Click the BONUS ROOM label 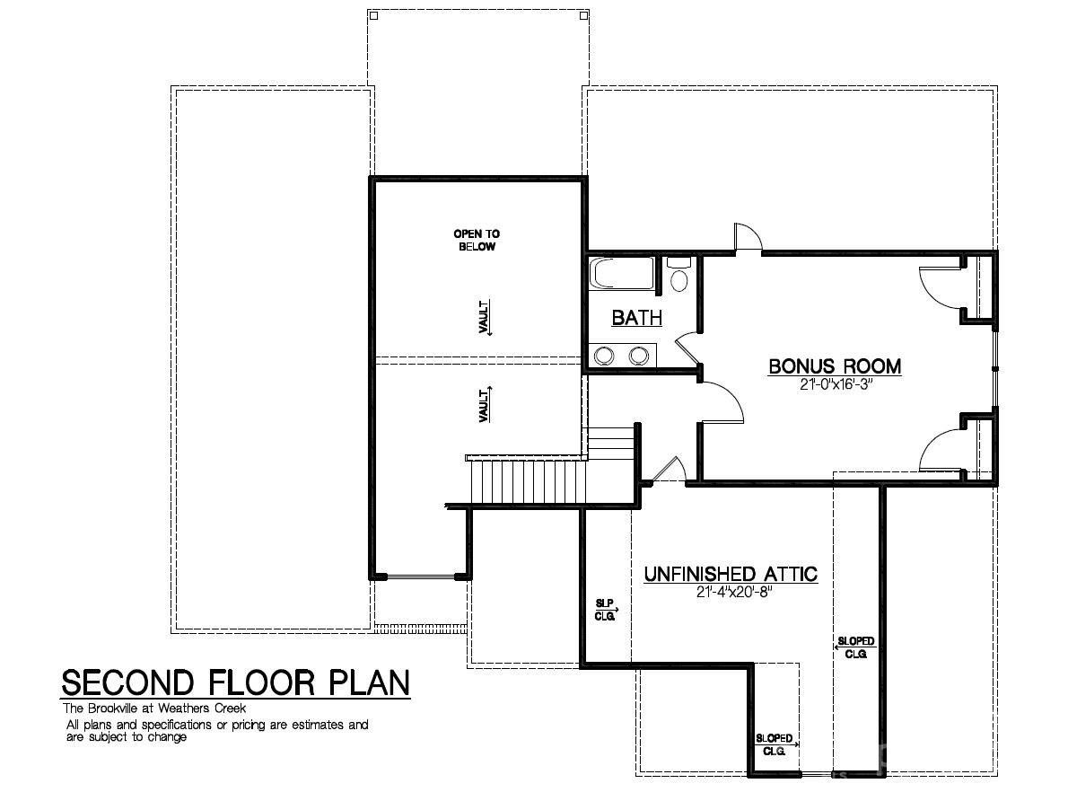pos(835,366)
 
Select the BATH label pos(636,318)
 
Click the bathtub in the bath pos(623,274)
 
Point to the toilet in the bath pos(679,276)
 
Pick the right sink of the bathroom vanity pos(638,356)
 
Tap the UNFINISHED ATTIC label pos(731,574)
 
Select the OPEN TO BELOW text pos(477,240)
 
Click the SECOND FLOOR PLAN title pos(235,683)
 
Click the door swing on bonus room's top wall pos(748,238)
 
